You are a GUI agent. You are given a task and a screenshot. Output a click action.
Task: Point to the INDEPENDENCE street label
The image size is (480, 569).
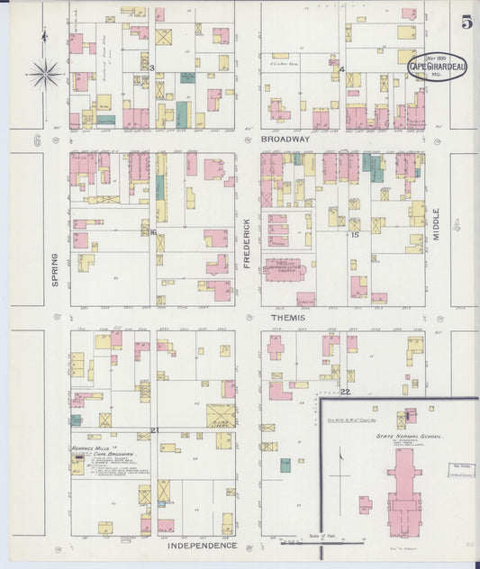click(x=202, y=546)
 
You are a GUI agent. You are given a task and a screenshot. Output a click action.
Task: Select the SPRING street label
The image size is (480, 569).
click(x=55, y=268)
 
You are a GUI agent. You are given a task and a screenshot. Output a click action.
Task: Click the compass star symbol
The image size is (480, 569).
click(x=45, y=72)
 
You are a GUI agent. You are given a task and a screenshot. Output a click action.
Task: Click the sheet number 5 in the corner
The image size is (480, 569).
click(x=466, y=23)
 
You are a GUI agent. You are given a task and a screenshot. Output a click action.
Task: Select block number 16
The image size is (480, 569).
click(x=153, y=232)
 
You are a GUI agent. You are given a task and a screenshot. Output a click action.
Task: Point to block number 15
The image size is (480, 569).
click(x=355, y=235)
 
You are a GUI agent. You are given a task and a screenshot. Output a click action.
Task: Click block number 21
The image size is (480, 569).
click(x=154, y=430)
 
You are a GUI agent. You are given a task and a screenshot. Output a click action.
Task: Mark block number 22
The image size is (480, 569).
click(x=345, y=392)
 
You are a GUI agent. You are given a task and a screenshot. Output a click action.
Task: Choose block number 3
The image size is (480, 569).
click(x=152, y=68)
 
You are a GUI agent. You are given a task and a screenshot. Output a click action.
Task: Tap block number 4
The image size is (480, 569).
click(x=342, y=69)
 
